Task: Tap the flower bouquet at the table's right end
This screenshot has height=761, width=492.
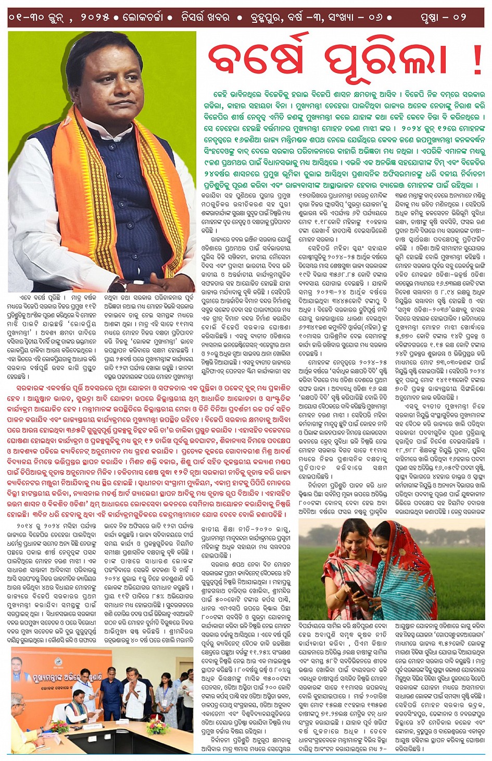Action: [x=158, y=725]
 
